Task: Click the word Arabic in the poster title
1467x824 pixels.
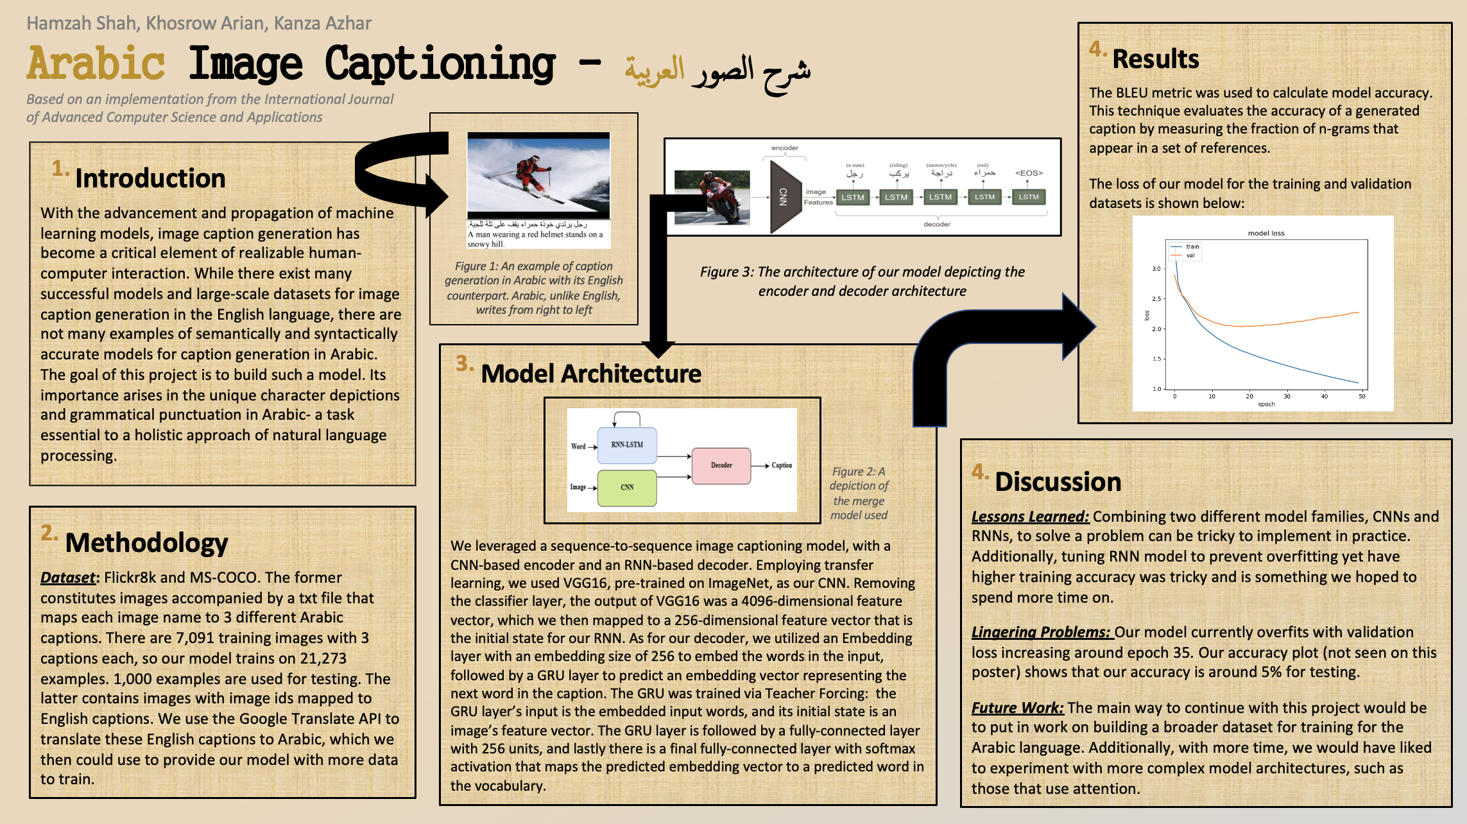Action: point(96,64)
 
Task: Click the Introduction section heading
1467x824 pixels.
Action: point(150,178)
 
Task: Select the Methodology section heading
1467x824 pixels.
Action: point(146,543)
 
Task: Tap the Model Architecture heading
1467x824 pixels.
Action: point(591,373)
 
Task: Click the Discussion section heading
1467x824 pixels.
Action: point(1058,482)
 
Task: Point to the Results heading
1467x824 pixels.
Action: point(1155,59)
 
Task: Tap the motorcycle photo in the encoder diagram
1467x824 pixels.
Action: point(712,197)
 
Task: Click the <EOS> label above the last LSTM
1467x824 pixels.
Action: point(1029,173)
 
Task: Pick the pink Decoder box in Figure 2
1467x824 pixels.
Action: point(721,465)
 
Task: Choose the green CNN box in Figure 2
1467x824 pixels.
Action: point(627,488)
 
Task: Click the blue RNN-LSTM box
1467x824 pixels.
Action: point(627,445)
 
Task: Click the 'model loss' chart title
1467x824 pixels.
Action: point(1265,234)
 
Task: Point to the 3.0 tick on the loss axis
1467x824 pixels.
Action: point(1156,269)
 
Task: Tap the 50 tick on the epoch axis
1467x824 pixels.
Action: point(1362,397)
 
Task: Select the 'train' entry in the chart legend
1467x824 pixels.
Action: point(1192,246)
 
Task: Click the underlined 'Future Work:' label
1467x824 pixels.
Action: point(1017,708)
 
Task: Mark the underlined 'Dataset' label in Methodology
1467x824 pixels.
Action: point(68,578)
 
